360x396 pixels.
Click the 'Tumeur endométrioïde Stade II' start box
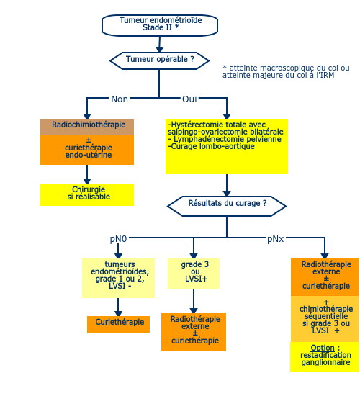tap(160, 25)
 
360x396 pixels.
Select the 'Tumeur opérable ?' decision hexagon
tap(159, 60)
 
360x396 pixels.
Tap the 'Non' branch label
tap(120, 99)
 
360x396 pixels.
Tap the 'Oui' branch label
tap(189, 99)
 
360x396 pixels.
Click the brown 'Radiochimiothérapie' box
tap(87, 127)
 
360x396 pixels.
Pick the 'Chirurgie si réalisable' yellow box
tap(87, 194)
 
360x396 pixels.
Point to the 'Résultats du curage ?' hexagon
tap(227, 206)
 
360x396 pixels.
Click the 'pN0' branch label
tap(118, 239)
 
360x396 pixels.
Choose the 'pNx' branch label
tap(276, 239)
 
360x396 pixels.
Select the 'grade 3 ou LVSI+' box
tap(194, 274)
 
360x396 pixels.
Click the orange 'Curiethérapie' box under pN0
tap(119, 325)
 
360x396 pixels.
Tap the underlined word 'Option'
tap(323, 348)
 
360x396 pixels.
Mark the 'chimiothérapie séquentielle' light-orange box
tap(325, 319)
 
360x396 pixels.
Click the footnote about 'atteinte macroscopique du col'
tap(286, 71)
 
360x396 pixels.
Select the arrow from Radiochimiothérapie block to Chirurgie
tap(87, 174)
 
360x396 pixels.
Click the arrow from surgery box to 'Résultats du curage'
tap(227, 185)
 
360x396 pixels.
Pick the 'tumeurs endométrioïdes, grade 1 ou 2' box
tap(119, 279)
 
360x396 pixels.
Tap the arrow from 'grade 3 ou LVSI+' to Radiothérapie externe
tap(194, 301)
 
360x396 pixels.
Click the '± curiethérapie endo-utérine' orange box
tap(87, 150)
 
